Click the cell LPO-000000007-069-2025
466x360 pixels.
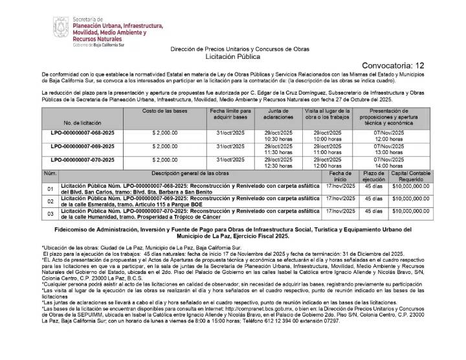(83, 147)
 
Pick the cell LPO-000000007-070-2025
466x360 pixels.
(83, 159)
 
